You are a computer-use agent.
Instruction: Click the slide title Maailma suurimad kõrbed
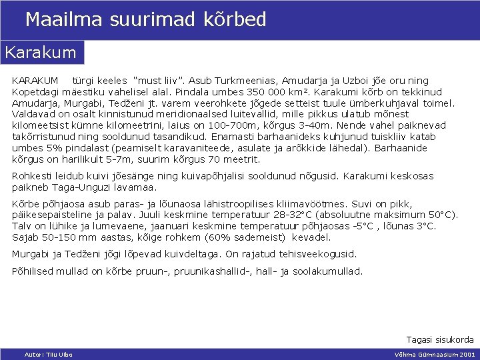click(x=145, y=19)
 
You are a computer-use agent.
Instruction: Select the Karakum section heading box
click(x=42, y=51)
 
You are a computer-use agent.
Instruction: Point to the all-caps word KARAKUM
click(x=35, y=80)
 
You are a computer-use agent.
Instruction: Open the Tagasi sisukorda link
click(x=440, y=339)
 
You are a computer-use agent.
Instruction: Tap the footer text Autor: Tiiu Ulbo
click(x=48, y=354)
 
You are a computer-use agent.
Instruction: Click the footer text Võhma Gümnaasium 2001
click(x=435, y=354)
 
